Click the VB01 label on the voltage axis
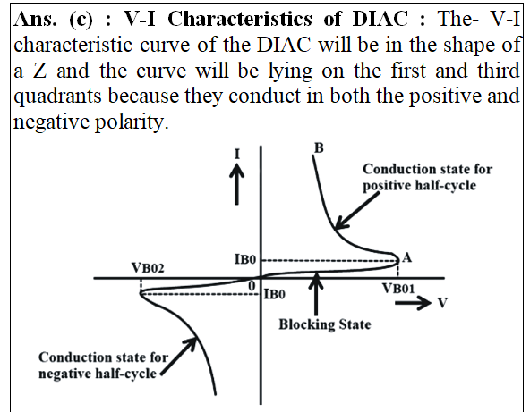pos(398,289)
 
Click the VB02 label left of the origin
pos(148,268)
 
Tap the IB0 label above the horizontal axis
pos(245,259)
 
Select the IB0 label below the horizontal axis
pos(274,294)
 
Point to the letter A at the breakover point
pos(406,257)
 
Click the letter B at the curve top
pos(319,147)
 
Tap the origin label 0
pos(252,286)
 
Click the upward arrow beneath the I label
pos(236,184)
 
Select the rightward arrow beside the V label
pos(413,302)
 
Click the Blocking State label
pos(325,324)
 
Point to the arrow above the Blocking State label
pos(316,293)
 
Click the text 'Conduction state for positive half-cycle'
pos(427,177)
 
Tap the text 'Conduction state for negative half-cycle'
pos(103,366)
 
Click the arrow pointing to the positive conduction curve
pos(356,212)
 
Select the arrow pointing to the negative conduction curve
pos(178,356)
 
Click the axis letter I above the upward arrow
pos(237,155)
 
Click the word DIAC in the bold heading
pos(380,18)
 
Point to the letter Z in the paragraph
pos(39,71)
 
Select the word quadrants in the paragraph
pos(57,97)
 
